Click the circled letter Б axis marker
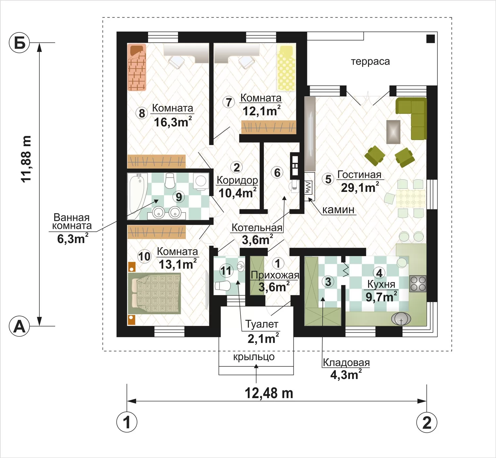(x=19, y=43)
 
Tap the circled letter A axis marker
(x=19, y=326)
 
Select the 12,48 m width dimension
(x=269, y=393)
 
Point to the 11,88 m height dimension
(x=26, y=159)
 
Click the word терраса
(x=370, y=62)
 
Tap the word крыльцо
(x=254, y=357)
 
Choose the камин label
(x=338, y=210)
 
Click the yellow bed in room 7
(x=286, y=68)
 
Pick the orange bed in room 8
(x=137, y=67)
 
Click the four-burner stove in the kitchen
(x=418, y=284)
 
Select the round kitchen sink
(x=401, y=319)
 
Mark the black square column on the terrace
(x=431, y=39)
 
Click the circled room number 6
(x=277, y=173)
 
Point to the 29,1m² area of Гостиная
(x=360, y=187)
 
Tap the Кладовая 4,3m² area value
(x=346, y=375)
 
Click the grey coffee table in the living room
(x=393, y=132)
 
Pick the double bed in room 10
(x=154, y=293)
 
